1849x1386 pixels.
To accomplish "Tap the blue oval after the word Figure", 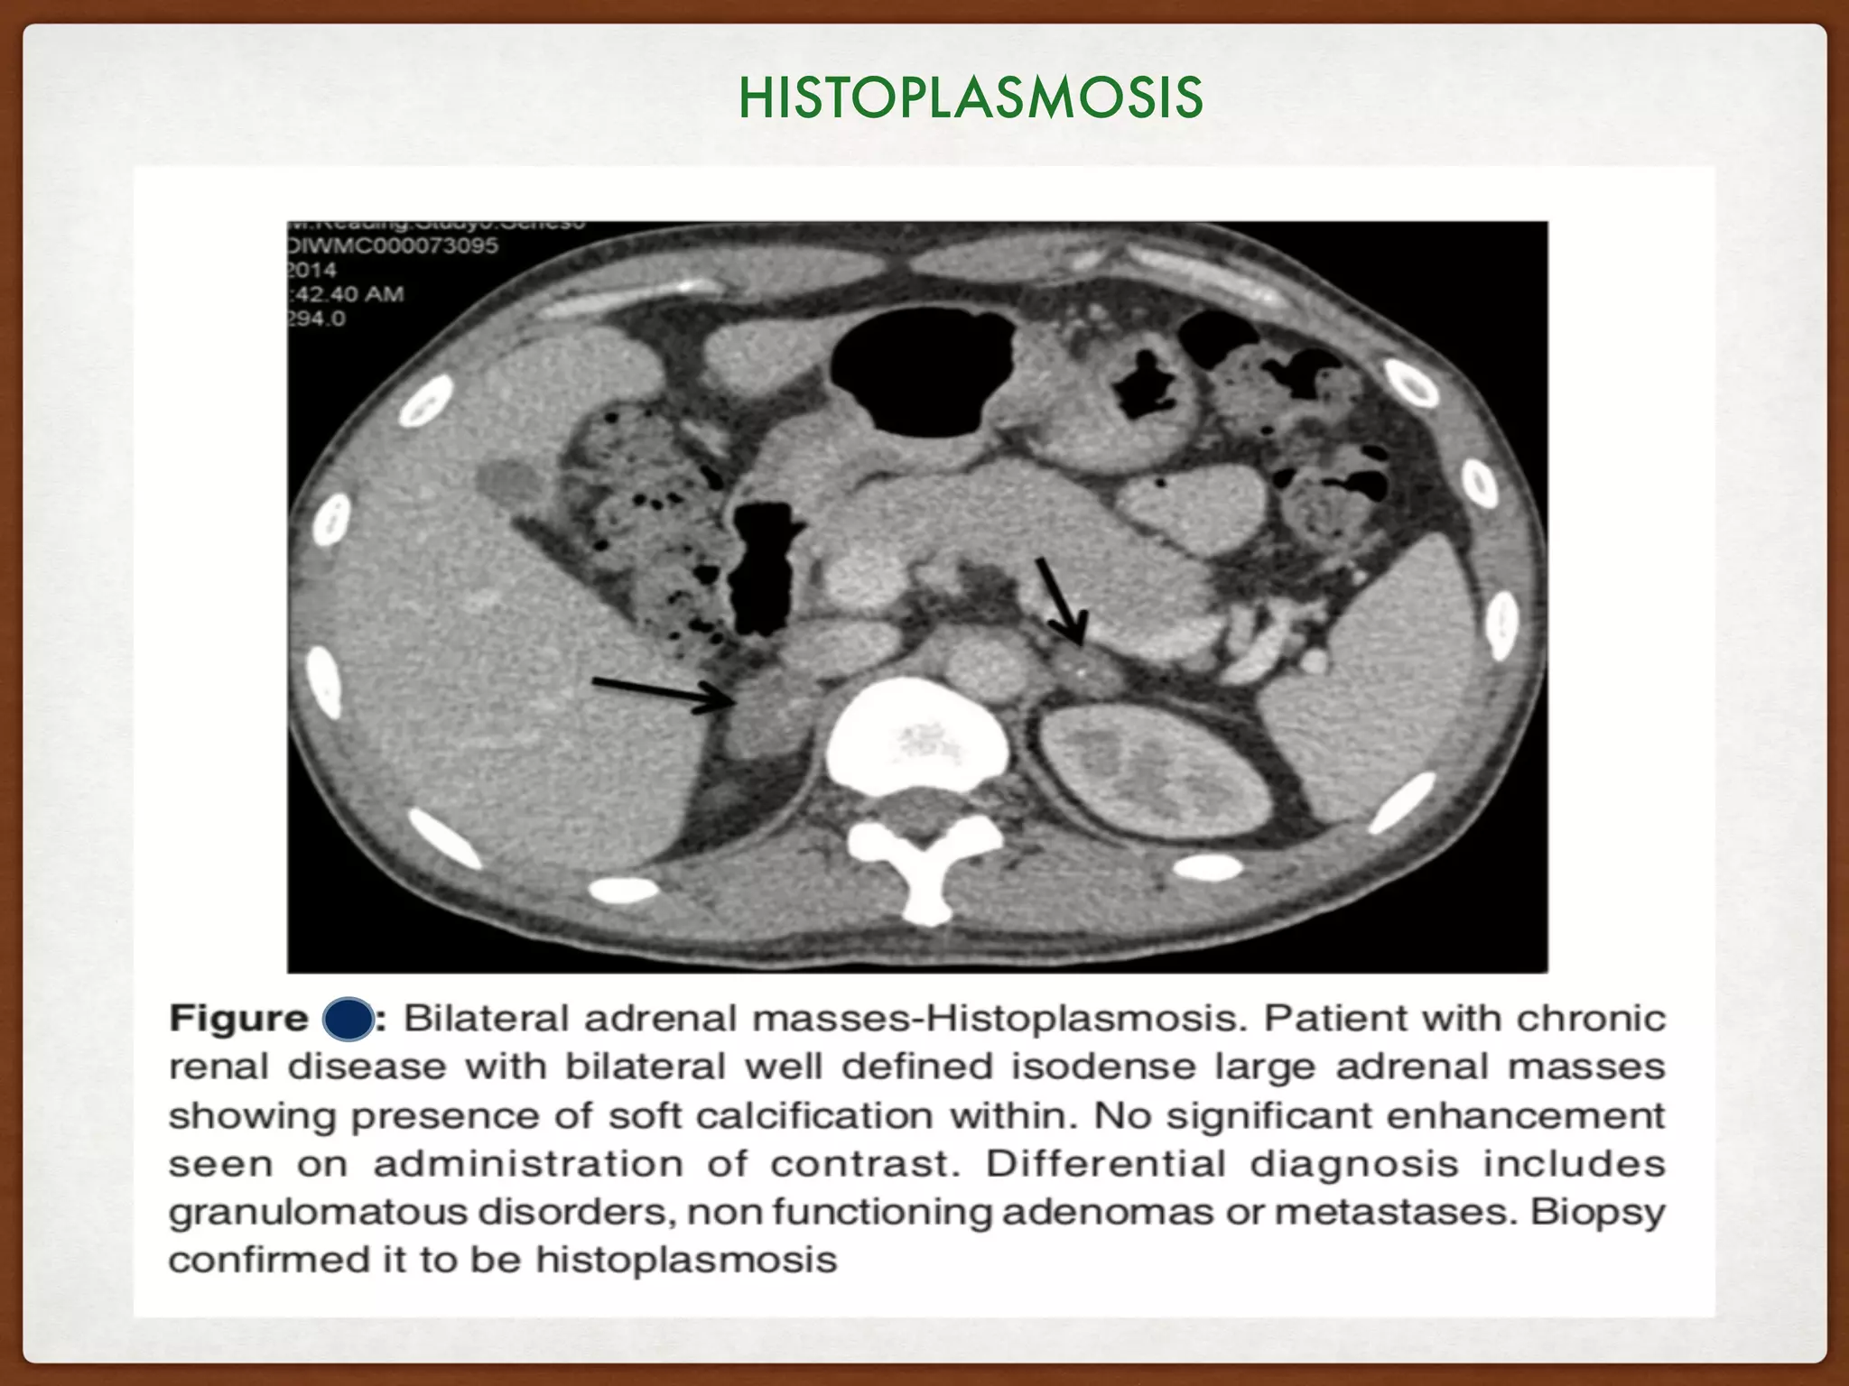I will (348, 1020).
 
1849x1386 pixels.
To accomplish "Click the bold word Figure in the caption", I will (238, 1019).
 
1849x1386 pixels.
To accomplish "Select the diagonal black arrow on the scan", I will (1061, 600).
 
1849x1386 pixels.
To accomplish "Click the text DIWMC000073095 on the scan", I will (394, 245).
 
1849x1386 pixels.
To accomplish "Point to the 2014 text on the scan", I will (312, 270).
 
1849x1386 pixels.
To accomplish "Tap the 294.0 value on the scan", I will (317, 319).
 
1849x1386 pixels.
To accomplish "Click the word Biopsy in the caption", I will (1597, 1212).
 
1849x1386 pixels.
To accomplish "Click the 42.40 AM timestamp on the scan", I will (348, 294).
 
